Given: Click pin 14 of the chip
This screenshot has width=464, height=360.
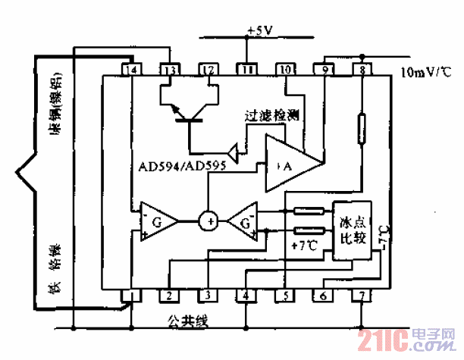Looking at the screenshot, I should pyautogui.click(x=131, y=70).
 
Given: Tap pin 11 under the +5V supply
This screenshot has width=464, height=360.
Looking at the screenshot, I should pyautogui.click(x=246, y=70).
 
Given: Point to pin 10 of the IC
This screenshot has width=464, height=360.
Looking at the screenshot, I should pyautogui.click(x=285, y=70).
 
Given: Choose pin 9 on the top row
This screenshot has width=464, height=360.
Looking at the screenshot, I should pyautogui.click(x=324, y=70).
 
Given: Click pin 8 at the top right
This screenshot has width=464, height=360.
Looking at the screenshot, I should pyautogui.click(x=362, y=70).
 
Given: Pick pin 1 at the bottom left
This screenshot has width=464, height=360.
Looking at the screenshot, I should pyautogui.click(x=131, y=296).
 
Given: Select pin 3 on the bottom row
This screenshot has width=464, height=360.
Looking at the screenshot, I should pyautogui.click(x=208, y=296).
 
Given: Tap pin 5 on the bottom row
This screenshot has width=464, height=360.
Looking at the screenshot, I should pyautogui.click(x=285, y=296).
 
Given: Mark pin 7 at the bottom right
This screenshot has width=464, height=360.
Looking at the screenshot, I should pyautogui.click(x=362, y=296).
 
